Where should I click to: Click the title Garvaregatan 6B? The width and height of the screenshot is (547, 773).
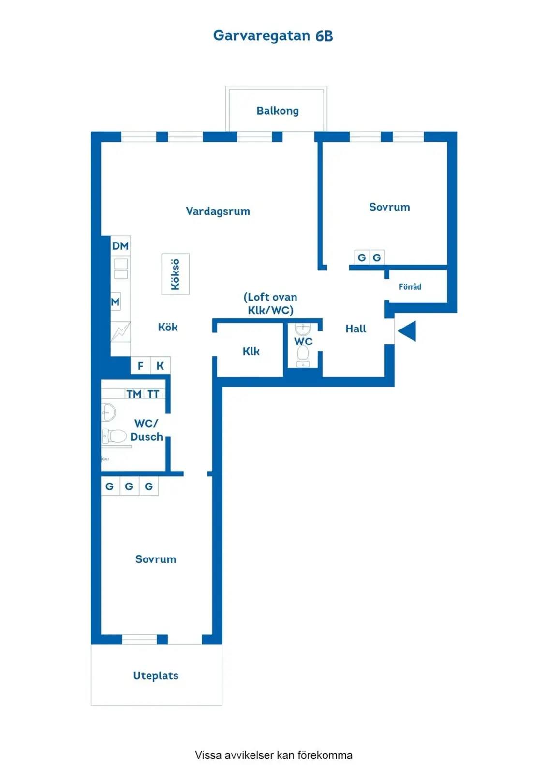[x=273, y=36]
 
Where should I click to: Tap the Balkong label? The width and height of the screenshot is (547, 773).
[x=278, y=111]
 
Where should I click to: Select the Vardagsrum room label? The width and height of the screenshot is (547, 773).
[x=218, y=211]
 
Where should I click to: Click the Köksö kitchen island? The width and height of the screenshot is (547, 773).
[x=176, y=274]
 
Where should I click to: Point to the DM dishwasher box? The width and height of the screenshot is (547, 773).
[x=120, y=246]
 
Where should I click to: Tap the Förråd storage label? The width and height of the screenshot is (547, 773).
[x=410, y=286]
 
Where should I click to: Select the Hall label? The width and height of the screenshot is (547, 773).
[x=355, y=329]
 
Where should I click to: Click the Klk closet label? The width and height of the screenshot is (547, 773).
[x=251, y=351]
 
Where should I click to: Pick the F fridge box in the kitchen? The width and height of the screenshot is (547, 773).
[x=141, y=365]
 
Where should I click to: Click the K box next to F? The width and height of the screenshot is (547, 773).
[x=161, y=365]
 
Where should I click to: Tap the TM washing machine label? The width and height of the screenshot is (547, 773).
[x=133, y=394]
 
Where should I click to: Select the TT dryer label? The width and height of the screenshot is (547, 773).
[x=153, y=394]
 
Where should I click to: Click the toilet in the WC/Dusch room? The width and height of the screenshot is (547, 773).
[x=114, y=437]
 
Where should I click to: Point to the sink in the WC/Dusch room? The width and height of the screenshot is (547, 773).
[x=108, y=412]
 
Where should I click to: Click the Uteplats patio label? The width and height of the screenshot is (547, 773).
[x=156, y=676]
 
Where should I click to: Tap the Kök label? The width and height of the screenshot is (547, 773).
[x=168, y=327]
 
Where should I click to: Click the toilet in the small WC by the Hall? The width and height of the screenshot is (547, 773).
[x=303, y=356]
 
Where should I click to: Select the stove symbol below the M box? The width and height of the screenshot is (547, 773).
[x=120, y=331]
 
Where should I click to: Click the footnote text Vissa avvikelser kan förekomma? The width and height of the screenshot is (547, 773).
[x=274, y=755]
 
